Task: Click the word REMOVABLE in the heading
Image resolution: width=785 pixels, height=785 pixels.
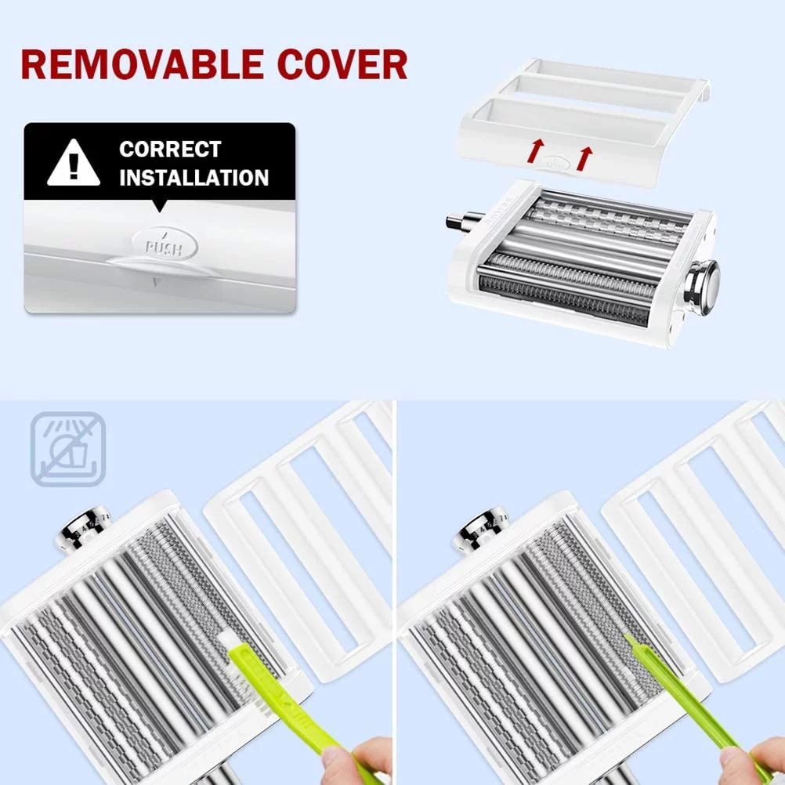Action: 142,64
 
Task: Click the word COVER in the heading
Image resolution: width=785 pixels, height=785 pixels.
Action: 342,64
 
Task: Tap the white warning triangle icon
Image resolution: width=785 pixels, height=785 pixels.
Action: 74,163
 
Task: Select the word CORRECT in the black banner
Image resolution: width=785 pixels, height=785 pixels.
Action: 170,149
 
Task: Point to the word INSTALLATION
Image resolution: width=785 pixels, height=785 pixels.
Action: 194,178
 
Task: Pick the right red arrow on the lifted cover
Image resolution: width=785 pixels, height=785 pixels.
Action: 584,158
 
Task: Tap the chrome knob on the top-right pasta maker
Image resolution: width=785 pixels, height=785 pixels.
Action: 703,287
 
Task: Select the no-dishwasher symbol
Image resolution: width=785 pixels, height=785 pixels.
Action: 68,449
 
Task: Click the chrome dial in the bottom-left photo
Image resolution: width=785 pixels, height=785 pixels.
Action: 83,528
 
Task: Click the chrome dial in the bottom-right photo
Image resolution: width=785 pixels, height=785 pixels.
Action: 479,532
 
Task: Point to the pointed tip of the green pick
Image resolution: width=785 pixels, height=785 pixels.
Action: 625,636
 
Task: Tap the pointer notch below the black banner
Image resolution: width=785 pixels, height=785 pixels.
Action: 159,206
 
